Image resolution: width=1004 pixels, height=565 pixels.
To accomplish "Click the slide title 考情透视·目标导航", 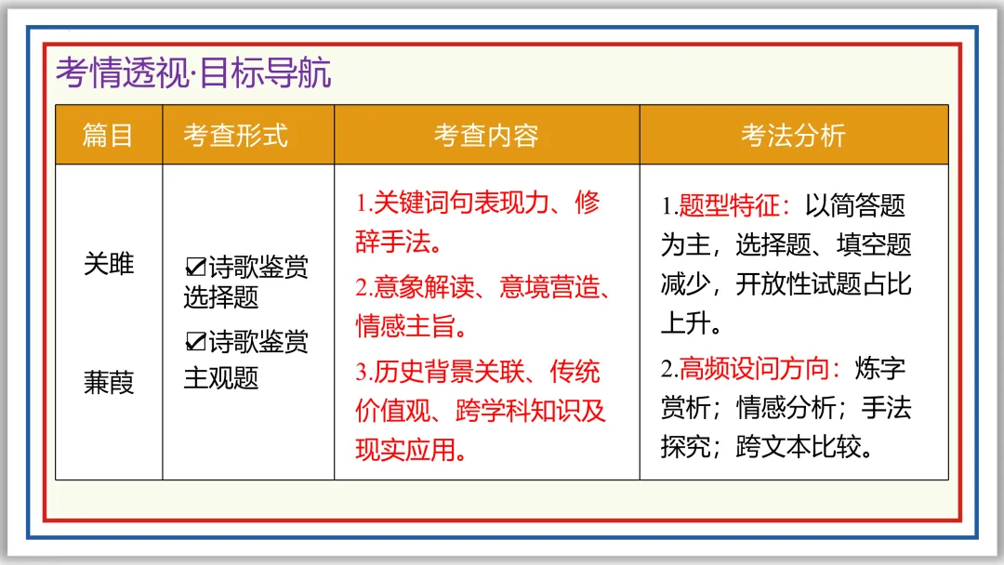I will pos(193,72).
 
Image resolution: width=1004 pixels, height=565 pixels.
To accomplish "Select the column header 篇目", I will pos(109,136).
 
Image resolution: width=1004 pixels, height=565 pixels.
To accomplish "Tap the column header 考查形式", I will pos(235,136).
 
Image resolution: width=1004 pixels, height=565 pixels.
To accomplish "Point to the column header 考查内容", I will pos(486,136).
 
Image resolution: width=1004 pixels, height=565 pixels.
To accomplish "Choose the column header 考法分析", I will pos(793,136).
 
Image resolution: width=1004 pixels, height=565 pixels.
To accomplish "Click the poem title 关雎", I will pos(109,264).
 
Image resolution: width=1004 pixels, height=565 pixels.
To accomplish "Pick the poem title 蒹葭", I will pos(109,382).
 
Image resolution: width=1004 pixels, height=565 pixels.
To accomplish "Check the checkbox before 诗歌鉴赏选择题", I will pos(195,269).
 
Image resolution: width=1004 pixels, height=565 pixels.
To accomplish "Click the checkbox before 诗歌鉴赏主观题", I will pos(195,343).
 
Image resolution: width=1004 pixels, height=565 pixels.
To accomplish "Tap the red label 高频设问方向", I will pos(753,369).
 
